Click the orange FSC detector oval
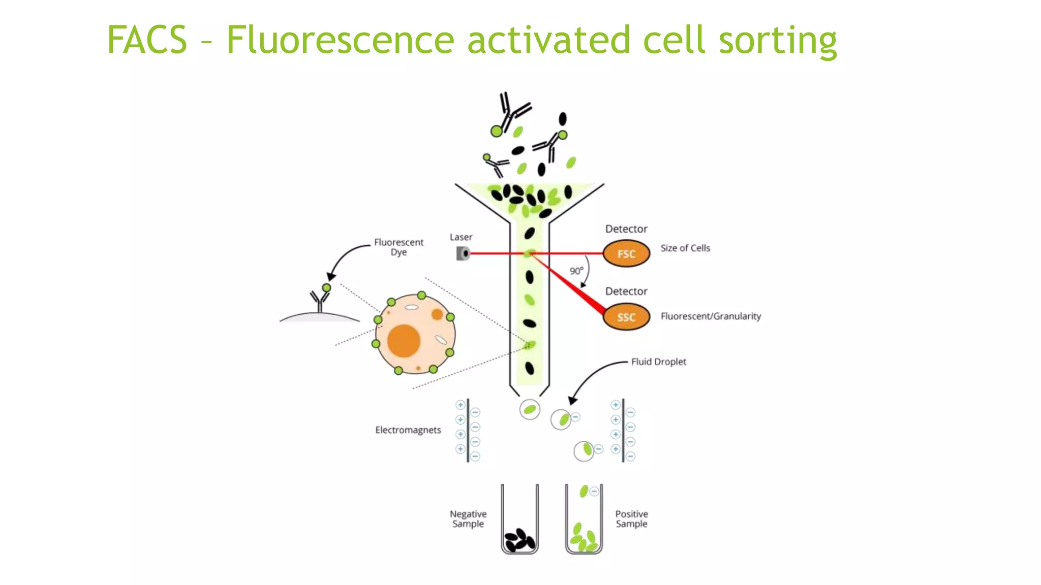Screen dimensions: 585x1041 tap(626, 253)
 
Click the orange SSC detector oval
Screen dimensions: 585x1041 tap(626, 317)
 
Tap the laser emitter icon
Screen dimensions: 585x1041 tap(463, 253)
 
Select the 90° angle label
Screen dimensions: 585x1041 tap(576, 271)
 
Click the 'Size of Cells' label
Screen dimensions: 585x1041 tap(685, 248)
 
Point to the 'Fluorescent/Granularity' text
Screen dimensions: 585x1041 tap(710, 316)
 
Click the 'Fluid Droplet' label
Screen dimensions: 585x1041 tap(658, 362)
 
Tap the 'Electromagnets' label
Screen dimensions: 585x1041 tap(408, 430)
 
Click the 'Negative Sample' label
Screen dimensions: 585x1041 tap(468, 518)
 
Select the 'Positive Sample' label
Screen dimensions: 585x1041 tap(631, 518)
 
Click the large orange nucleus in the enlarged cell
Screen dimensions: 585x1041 tap(404, 341)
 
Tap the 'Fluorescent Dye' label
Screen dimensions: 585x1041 tap(399, 247)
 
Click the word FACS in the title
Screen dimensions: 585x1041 tap(147, 40)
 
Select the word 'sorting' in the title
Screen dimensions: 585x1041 tap(777, 41)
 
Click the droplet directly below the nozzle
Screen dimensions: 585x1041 tap(530, 409)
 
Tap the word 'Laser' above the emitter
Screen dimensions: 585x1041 tap(461, 237)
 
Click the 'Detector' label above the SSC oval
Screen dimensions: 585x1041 tap(626, 291)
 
